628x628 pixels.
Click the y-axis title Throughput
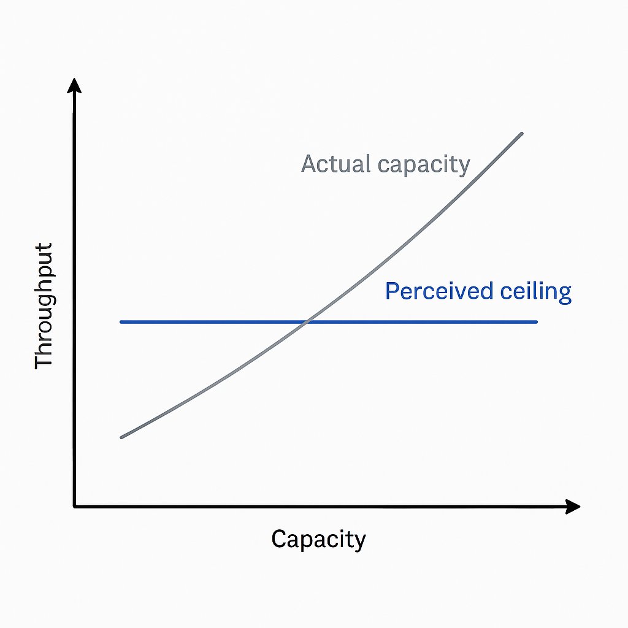click(44, 305)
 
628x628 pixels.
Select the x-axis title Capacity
click(318, 540)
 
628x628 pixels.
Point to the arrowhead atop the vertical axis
click(74, 85)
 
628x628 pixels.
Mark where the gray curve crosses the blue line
click(307, 321)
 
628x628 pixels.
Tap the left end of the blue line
click(121, 321)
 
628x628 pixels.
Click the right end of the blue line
click(537, 321)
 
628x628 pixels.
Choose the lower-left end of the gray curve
click(122, 437)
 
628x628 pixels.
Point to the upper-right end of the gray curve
click(522, 133)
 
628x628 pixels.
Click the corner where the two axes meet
click(75, 506)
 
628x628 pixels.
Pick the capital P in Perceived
click(392, 291)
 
